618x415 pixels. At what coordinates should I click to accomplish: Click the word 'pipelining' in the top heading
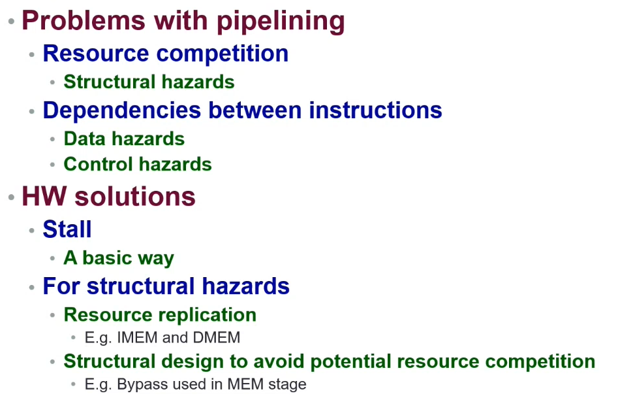point(281,21)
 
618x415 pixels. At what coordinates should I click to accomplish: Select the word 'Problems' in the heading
point(84,20)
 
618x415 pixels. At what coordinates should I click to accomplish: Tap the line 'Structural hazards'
point(149,82)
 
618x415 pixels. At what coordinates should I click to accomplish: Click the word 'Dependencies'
point(122,110)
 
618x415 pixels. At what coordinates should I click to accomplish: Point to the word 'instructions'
point(375,110)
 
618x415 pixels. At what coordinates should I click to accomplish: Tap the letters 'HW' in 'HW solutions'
point(44,196)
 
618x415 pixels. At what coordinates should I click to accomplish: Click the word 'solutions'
point(135,196)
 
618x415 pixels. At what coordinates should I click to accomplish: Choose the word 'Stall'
point(67,229)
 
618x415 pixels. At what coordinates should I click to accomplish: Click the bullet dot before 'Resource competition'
point(32,54)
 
